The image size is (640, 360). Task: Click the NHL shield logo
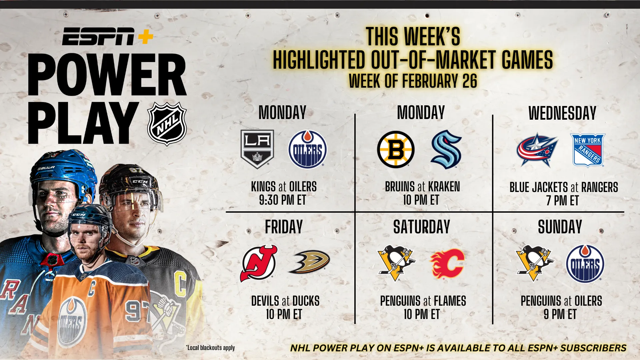coord(167,124)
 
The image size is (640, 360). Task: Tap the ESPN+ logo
coord(108,36)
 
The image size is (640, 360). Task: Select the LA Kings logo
coord(257,149)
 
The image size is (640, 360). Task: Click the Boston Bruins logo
coord(396,149)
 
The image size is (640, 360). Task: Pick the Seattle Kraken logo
coord(446,149)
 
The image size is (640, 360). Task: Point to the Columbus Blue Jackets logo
coord(537,150)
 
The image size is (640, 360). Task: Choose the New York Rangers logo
coord(588,150)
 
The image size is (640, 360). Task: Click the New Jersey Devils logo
coord(259,263)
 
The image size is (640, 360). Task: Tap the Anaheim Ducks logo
coord(309,262)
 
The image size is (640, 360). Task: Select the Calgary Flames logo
coord(447,263)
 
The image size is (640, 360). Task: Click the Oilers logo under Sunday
coord(585,264)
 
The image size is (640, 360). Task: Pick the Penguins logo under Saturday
coord(396,263)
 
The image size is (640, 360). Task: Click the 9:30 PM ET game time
coord(282,200)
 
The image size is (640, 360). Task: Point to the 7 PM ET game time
coord(562,201)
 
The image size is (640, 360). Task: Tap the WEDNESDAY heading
coord(562,113)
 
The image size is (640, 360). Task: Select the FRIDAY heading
coord(284,227)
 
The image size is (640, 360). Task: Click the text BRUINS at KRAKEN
coord(422,187)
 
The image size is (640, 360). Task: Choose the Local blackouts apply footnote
coord(210,348)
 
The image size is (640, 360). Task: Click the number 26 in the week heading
coord(470,81)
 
